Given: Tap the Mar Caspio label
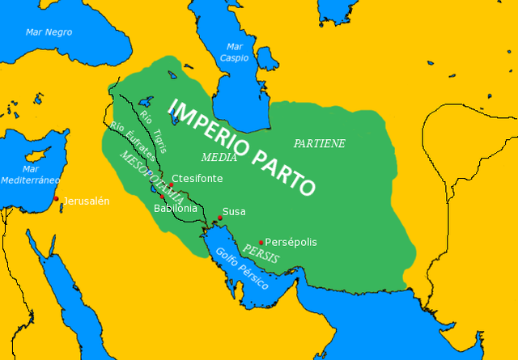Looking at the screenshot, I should [x=235, y=53].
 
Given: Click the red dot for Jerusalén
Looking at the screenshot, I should [x=56, y=198].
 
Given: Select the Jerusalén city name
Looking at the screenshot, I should [x=86, y=201].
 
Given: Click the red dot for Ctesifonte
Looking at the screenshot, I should [x=172, y=185].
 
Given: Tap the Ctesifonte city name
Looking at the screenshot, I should [x=197, y=179].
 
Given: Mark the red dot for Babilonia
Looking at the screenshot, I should [x=163, y=197].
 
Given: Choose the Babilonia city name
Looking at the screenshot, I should [x=176, y=208].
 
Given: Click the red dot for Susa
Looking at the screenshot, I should [x=220, y=218].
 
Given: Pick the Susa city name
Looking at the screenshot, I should [x=234, y=212].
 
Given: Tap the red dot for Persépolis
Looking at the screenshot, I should [x=261, y=242].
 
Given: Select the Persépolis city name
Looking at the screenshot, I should [x=291, y=242].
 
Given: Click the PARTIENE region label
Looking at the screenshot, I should [x=320, y=143].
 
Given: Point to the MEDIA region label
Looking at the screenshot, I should [x=219, y=157].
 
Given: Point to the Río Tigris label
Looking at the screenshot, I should [x=153, y=132].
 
